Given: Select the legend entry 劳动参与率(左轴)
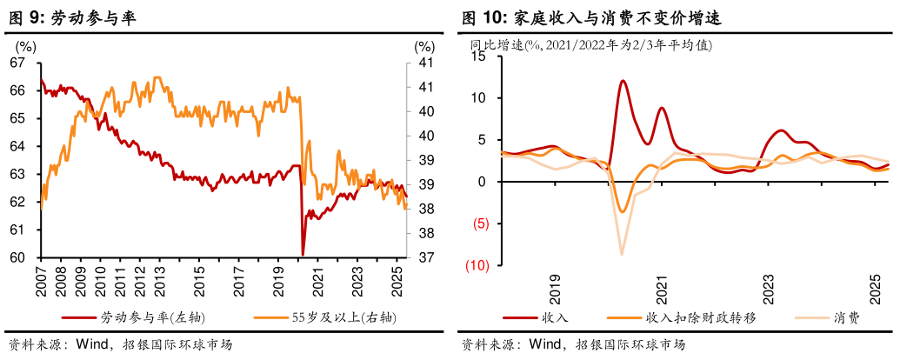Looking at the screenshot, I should coord(153,317).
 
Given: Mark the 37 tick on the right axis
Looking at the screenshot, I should coord(425,257).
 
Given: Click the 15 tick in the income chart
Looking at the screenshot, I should coord(477,57).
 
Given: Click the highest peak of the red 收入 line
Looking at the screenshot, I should coord(623,81).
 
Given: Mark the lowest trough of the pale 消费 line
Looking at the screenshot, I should coord(622,254).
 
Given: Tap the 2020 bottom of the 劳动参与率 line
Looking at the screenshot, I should coord(303,254).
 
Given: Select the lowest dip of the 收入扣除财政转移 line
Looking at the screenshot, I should coord(622,211).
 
